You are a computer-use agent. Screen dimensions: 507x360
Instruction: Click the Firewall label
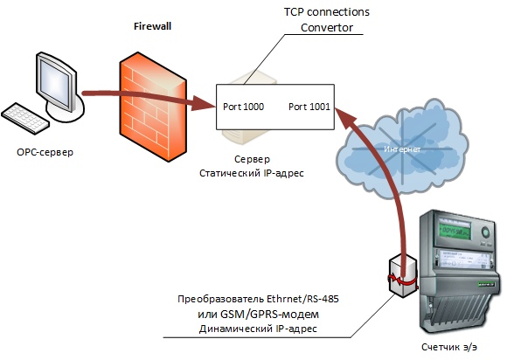[x=152, y=26]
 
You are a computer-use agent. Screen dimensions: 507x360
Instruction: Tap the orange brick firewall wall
[x=153, y=107]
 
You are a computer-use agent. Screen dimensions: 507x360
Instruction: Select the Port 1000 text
[x=243, y=107]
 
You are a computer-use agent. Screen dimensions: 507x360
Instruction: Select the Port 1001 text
[x=309, y=107]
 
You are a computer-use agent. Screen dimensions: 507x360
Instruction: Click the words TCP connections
[x=327, y=12]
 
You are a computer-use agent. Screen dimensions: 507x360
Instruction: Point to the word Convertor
[x=327, y=28]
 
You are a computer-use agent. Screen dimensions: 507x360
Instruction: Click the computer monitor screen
[x=54, y=83]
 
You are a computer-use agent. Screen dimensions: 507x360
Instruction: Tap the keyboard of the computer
[x=25, y=118]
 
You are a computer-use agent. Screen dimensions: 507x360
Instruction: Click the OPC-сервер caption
[x=45, y=152]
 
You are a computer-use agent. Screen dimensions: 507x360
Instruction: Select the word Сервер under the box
[x=252, y=159]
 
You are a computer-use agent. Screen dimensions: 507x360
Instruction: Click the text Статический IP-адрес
[x=252, y=173]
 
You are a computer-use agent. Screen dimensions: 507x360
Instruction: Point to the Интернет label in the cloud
[x=402, y=149]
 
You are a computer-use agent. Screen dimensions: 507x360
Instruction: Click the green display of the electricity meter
[x=454, y=230]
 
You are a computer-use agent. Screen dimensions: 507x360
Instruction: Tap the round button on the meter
[x=485, y=232]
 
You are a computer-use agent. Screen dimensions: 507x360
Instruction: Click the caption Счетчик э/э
[x=449, y=348]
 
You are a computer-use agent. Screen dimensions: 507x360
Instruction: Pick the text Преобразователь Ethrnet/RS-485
[x=258, y=299]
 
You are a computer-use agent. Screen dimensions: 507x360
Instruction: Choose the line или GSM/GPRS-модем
[x=258, y=314]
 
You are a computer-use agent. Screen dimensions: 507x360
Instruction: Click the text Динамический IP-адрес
[x=258, y=329]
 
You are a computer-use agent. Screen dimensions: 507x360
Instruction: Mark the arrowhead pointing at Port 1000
[x=204, y=103]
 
